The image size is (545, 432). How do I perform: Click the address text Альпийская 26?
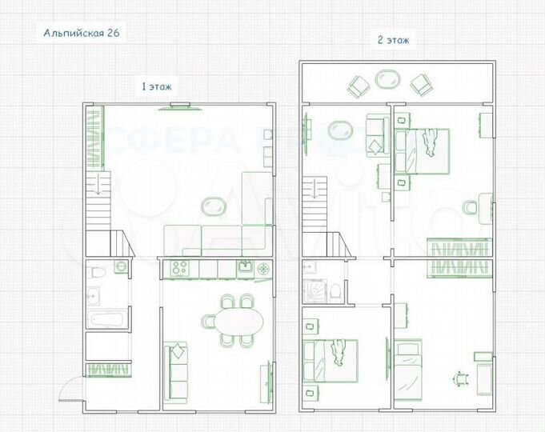[x=82, y=33]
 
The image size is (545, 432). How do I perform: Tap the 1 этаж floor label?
[x=157, y=85]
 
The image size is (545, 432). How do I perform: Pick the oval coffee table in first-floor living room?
[x=213, y=206]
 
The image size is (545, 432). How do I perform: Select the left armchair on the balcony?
[x=358, y=85]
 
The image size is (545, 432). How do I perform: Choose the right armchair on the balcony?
[x=420, y=84]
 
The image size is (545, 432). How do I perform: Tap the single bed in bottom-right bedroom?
[x=407, y=369]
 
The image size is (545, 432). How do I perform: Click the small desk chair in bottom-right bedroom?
[x=460, y=378]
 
